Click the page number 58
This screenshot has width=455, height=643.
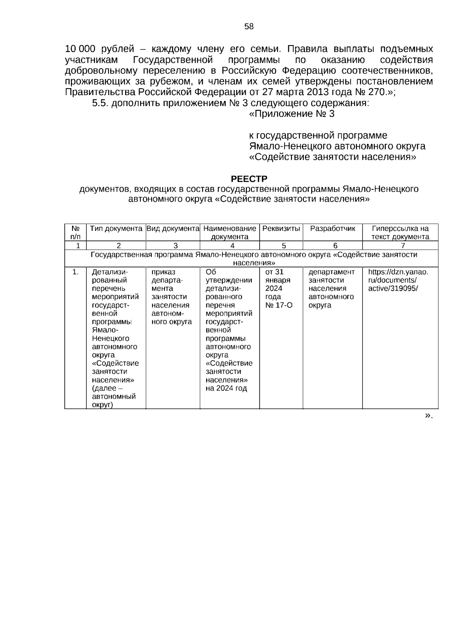tap(249, 27)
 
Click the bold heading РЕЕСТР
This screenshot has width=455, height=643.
tap(249, 178)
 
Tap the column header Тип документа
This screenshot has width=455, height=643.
tap(116, 228)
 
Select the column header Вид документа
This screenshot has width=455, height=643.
tap(173, 228)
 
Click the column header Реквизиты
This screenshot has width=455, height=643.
tap(281, 228)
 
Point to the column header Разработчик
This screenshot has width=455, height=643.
tap(333, 228)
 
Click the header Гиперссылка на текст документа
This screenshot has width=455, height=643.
tap(400, 233)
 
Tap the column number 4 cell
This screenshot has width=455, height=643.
tap(232, 246)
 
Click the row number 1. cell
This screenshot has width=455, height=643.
tap(75, 272)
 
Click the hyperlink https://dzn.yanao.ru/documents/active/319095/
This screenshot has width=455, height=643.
tap(398, 280)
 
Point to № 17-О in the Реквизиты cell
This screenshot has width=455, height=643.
tap(279, 305)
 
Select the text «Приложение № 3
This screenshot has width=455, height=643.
tap(292, 114)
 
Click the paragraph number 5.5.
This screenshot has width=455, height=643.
tap(100, 103)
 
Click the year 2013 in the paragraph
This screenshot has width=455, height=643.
tap(314, 92)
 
